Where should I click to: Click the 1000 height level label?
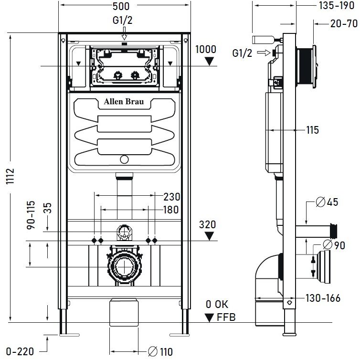pos(205,49)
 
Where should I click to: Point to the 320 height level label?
pos(208,224)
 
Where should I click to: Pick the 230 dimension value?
pos(171,197)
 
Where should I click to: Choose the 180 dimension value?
pos(170,210)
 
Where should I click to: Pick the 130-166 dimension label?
pos(323,298)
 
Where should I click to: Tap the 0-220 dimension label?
pos(21,352)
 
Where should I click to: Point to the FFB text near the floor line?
pos(226,318)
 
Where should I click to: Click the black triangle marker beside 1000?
pos(209,61)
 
